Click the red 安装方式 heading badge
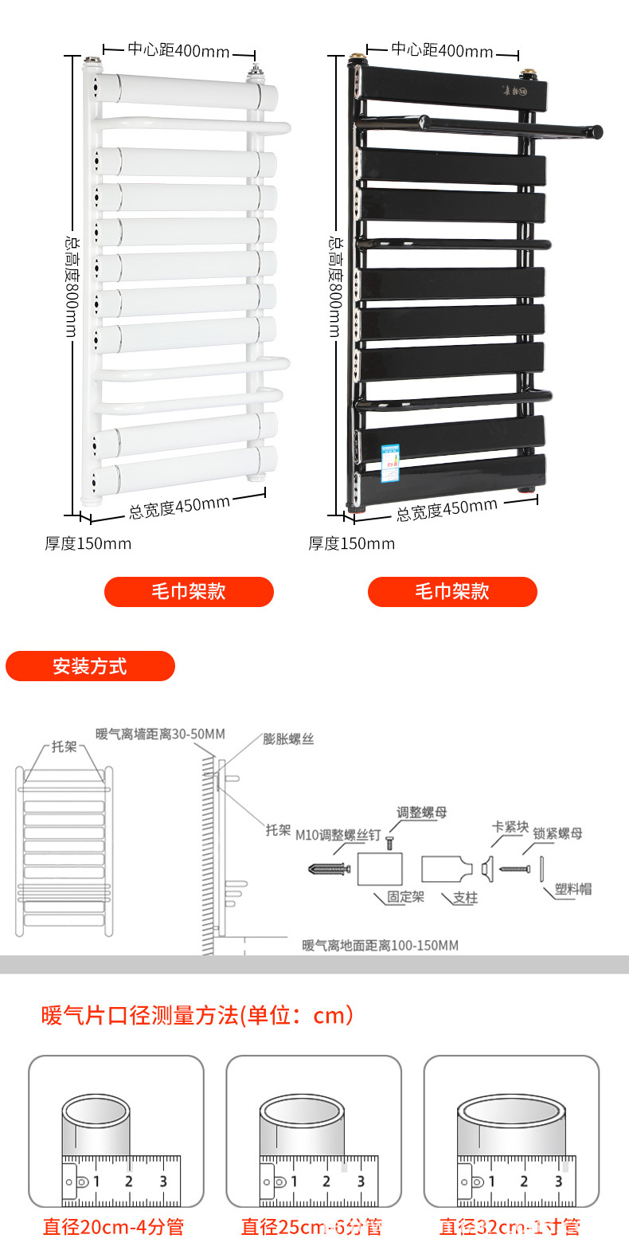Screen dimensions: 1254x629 click(90, 666)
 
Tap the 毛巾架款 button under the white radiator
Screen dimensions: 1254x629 click(189, 591)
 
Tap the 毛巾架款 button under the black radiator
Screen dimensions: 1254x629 click(452, 591)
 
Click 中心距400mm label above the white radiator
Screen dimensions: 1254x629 click(178, 50)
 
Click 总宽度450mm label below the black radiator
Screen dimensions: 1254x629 click(447, 508)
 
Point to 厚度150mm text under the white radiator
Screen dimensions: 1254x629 click(88, 543)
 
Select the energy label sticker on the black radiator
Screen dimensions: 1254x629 click(389, 464)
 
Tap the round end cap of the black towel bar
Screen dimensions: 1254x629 click(596, 132)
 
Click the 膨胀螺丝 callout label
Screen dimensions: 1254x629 click(288, 739)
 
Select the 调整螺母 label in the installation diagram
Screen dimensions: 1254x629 click(422, 813)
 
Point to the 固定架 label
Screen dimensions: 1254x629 click(405, 897)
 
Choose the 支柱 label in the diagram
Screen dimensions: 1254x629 click(465, 898)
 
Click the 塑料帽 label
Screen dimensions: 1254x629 click(573, 889)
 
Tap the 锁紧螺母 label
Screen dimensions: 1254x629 click(557, 833)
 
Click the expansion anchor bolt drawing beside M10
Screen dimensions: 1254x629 click(329, 868)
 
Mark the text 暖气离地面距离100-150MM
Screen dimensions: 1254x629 click(380, 946)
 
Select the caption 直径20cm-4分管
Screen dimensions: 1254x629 click(113, 1227)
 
